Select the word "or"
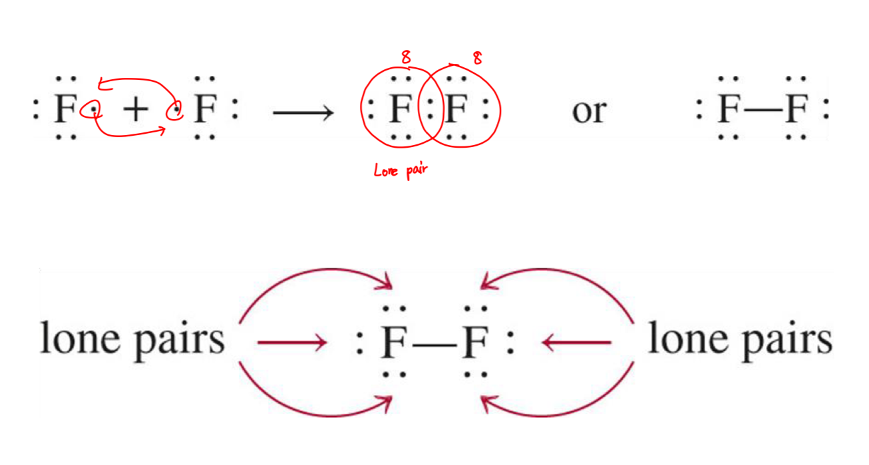click(x=588, y=111)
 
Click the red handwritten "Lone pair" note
click(x=400, y=170)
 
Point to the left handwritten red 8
click(x=405, y=59)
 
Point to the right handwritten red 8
click(x=477, y=59)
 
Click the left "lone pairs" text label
click(x=132, y=340)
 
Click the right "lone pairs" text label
click(x=739, y=340)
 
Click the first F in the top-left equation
click(x=64, y=110)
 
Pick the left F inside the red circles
click(x=400, y=110)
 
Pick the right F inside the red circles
click(x=456, y=110)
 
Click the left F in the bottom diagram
click(x=396, y=343)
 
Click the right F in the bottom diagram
click(x=476, y=343)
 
